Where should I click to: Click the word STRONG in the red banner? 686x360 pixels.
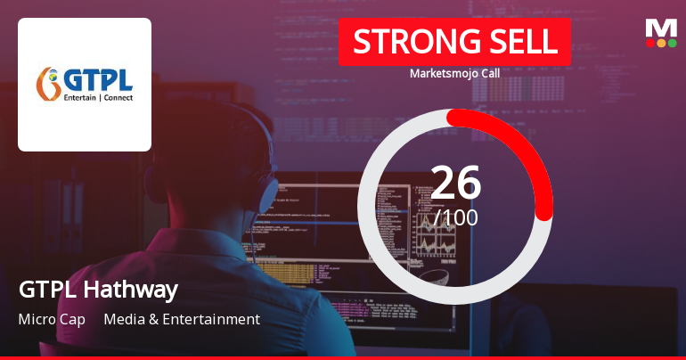(405, 42)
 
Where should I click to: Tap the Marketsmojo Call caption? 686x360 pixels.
(454, 74)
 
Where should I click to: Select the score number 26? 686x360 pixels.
(455, 183)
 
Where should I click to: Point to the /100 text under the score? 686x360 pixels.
(456, 217)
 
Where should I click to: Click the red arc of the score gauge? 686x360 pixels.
(526, 151)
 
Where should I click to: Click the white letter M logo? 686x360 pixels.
(661, 28)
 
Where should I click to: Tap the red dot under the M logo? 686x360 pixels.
(650, 43)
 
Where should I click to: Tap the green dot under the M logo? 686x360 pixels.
(672, 43)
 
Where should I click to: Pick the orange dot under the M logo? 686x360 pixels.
(661, 43)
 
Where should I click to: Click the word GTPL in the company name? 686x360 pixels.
(42, 290)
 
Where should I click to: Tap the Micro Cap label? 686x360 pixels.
(52, 319)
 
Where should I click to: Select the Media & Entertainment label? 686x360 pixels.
(182, 319)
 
